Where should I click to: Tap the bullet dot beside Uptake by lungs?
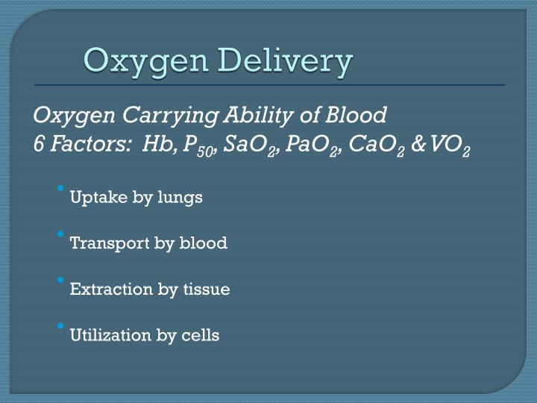coord(60,188)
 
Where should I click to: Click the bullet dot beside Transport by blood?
coord(60,234)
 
